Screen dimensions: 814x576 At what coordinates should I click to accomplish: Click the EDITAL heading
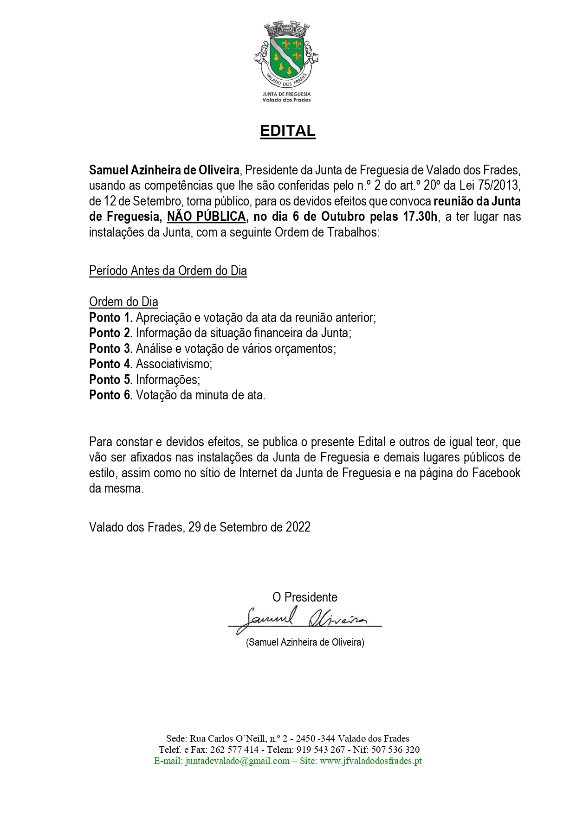point(287,131)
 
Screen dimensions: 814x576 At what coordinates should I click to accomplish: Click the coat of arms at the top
point(286,51)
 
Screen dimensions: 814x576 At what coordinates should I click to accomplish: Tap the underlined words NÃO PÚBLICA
point(207,217)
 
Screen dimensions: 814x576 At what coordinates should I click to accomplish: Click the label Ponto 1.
point(111,318)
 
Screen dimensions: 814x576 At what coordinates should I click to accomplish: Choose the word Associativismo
point(174,364)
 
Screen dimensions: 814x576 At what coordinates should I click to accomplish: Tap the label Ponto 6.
point(111,395)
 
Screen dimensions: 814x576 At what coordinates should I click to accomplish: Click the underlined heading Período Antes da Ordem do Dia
point(168,271)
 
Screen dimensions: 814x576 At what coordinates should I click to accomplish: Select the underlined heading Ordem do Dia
point(123,302)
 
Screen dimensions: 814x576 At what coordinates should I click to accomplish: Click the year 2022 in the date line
point(298,527)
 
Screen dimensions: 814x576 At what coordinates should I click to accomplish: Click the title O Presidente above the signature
point(304,597)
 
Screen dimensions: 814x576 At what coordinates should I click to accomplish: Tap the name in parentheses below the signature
point(305,642)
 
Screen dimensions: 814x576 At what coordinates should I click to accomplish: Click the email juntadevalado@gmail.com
point(237,761)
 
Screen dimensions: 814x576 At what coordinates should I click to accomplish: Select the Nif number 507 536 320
point(402,750)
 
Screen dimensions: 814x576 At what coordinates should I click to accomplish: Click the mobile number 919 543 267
point(321,750)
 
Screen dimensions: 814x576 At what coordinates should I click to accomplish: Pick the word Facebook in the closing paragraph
point(496,473)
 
